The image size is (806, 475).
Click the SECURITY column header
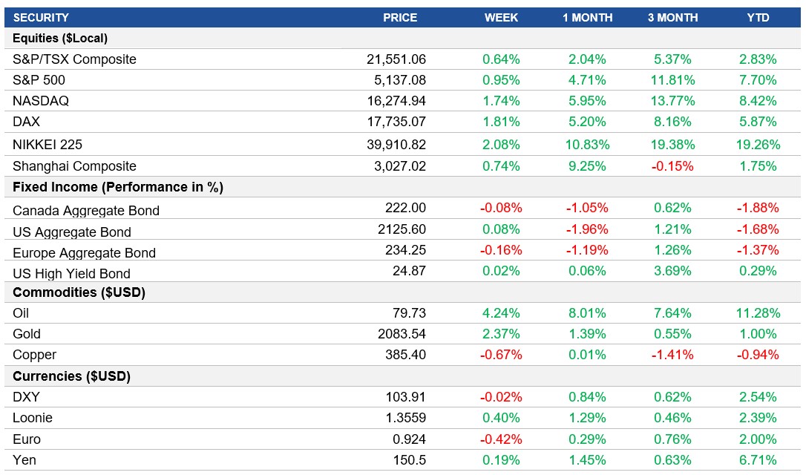click(41, 17)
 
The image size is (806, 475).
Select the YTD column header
click(758, 17)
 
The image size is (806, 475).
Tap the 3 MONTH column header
click(672, 17)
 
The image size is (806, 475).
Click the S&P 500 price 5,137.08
click(396, 80)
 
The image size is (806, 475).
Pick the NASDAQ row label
click(41, 101)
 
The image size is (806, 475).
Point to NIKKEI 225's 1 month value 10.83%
click(587, 145)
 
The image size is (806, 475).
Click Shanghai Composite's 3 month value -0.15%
click(672, 166)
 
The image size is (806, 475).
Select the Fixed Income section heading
click(118, 187)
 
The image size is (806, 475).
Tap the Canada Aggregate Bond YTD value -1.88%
click(758, 209)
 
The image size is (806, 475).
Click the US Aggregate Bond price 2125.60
click(405, 229)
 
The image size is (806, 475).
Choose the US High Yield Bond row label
click(71, 274)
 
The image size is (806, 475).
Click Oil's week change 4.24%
click(502, 313)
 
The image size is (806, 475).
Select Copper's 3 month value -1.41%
click(672, 355)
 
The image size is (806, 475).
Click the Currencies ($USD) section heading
click(72, 376)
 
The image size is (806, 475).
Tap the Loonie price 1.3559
click(407, 418)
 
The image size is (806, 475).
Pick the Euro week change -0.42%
click(502, 439)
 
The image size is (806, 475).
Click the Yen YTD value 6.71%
click(758, 460)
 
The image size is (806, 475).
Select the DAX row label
click(27, 122)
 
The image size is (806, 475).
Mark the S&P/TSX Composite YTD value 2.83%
click(758, 59)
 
